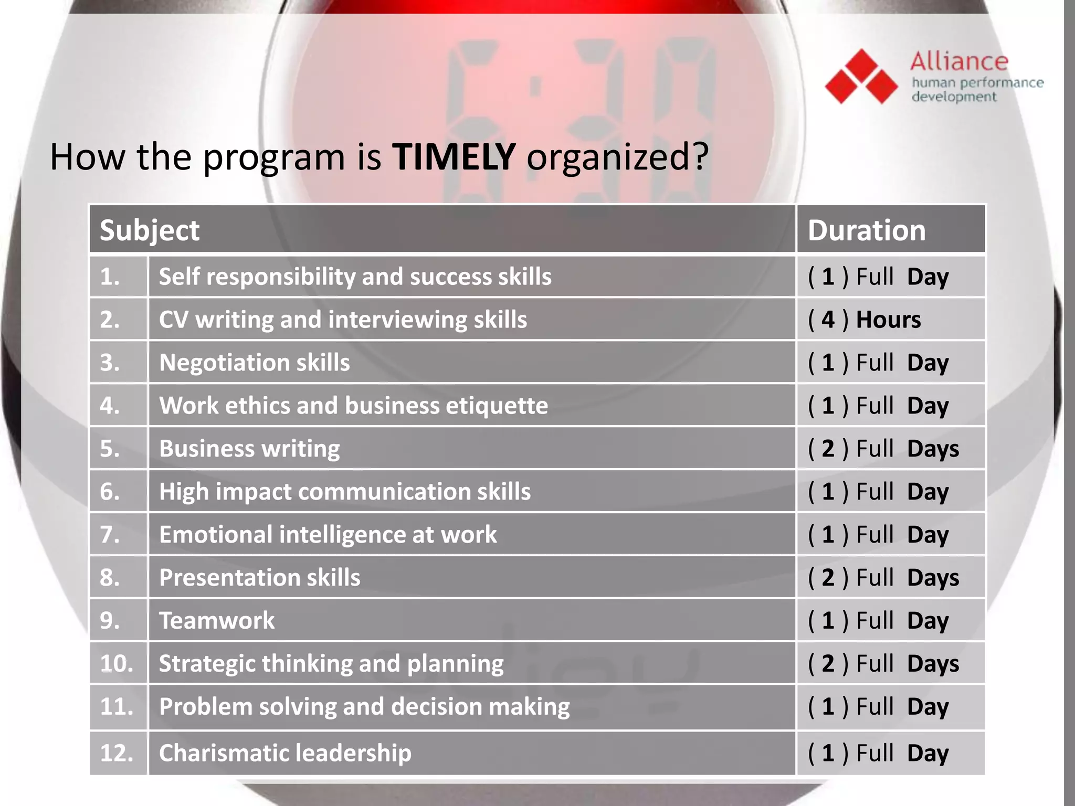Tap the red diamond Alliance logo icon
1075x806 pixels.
pos(861,77)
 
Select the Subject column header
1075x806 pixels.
pos(150,230)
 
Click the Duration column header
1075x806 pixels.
pos(867,230)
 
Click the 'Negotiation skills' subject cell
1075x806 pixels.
pos(254,363)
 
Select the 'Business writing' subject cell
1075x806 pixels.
pos(249,449)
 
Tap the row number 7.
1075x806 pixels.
pos(110,535)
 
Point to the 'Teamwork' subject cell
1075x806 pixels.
pos(217,621)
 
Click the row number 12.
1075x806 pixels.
pos(117,753)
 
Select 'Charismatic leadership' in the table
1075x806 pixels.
pos(285,753)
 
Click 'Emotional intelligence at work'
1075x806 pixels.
pos(328,535)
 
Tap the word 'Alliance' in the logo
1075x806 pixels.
pos(959,62)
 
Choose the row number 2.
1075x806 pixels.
pos(110,320)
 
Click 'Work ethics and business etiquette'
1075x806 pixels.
pos(353,406)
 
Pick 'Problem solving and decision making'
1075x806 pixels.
pos(364,707)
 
